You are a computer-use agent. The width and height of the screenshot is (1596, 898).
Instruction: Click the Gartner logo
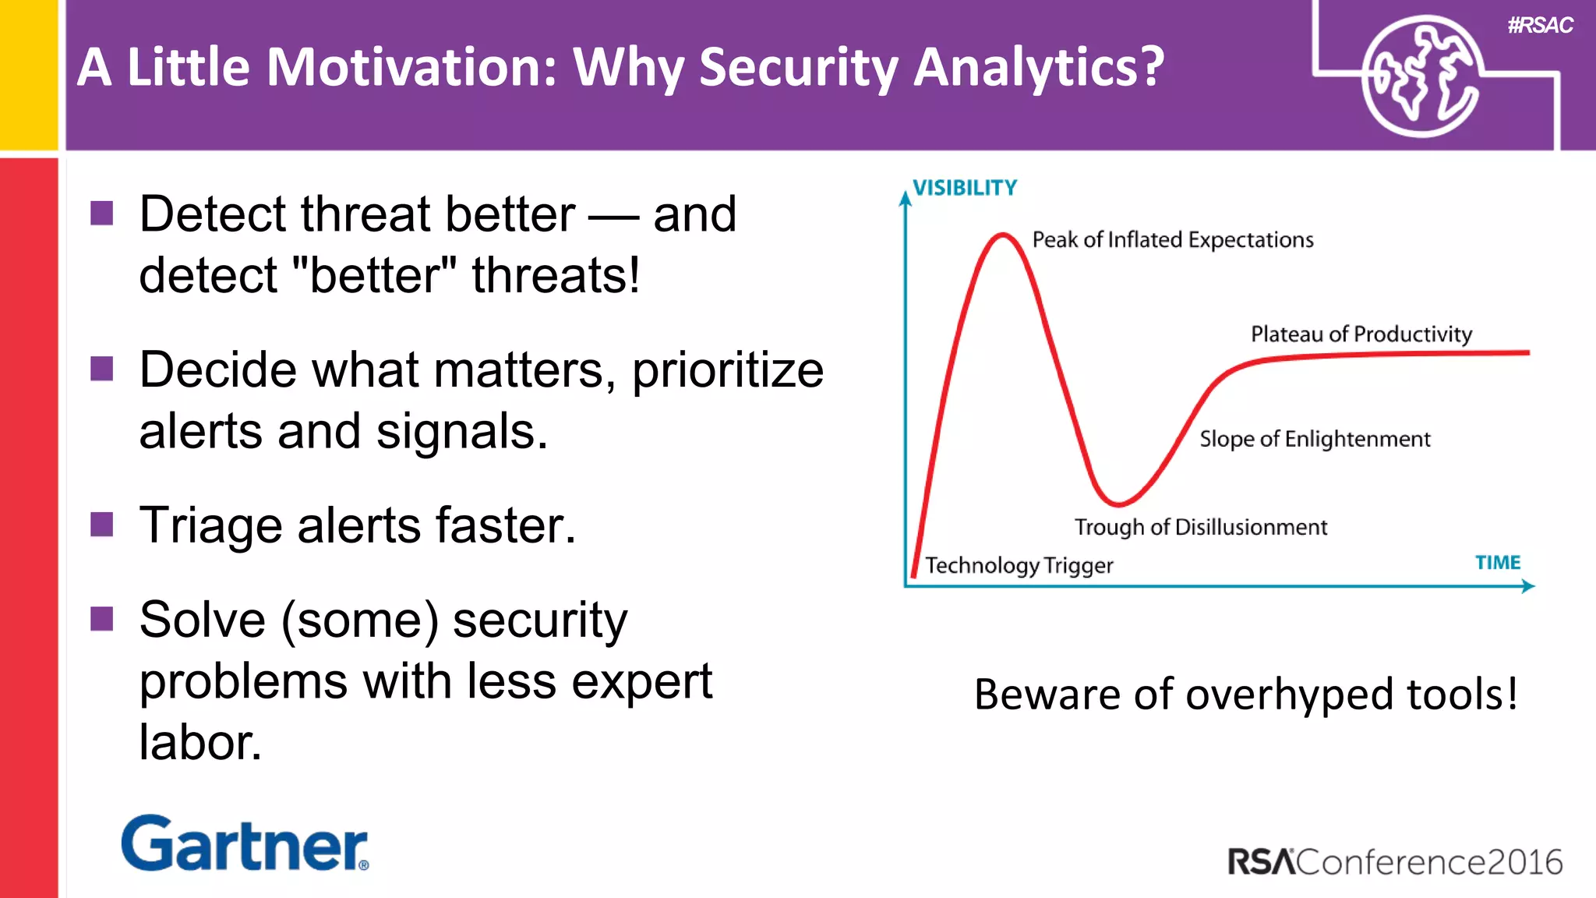[244, 843]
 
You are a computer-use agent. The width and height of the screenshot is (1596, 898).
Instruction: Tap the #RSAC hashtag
[1540, 26]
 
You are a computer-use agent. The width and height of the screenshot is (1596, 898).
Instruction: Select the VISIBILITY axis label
[965, 188]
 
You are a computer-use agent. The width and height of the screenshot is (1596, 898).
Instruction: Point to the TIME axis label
[1497, 563]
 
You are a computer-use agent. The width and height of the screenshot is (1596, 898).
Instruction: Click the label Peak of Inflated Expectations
[1172, 239]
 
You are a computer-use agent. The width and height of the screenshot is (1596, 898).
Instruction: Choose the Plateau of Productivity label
[1361, 334]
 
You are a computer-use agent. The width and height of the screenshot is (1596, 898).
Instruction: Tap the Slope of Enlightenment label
[1315, 439]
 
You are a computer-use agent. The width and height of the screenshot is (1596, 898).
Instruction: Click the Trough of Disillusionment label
[1200, 528]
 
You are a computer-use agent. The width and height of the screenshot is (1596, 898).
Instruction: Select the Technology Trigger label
[1019, 565]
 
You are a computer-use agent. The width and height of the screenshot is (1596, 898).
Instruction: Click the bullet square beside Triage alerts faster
[102, 525]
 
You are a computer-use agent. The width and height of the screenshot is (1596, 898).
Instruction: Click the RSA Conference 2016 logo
[1395, 862]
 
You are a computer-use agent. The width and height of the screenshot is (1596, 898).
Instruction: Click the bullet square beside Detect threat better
[102, 213]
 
